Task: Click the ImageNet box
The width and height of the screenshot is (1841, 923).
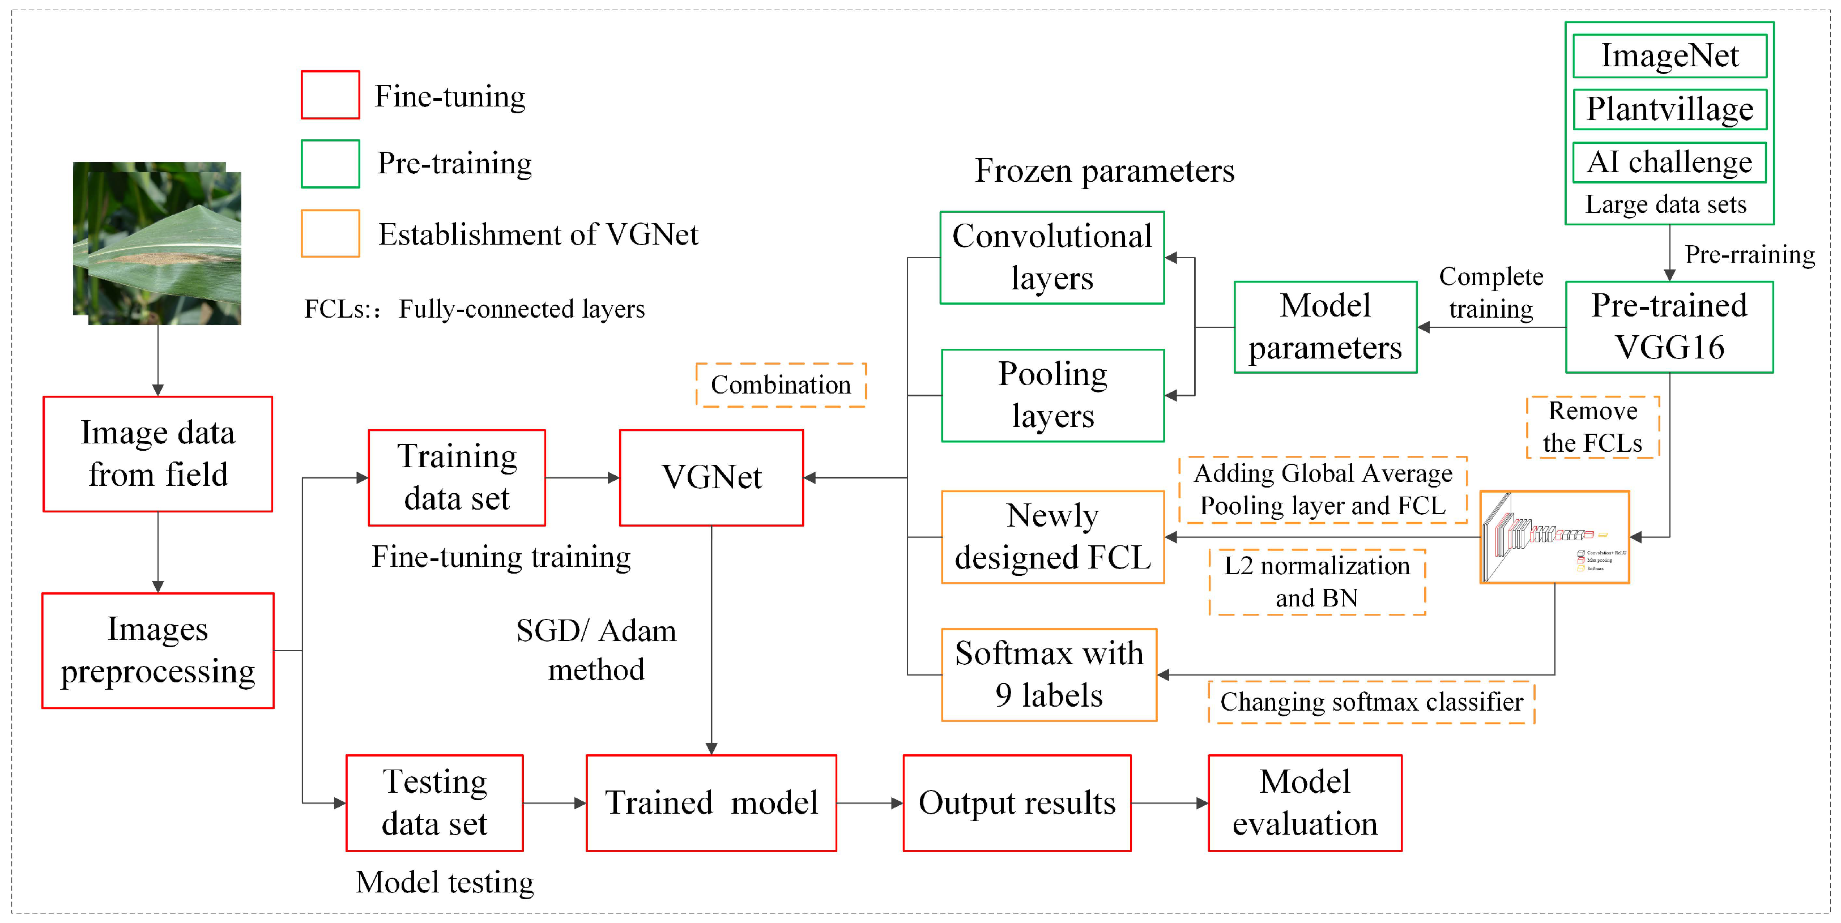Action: pos(1669,55)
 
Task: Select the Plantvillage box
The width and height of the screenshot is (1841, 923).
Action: pos(1669,109)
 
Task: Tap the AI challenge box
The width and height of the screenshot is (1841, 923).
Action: pos(1669,162)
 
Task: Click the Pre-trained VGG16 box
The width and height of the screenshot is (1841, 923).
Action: pos(1669,327)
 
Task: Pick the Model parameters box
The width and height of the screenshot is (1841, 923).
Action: pos(1324,327)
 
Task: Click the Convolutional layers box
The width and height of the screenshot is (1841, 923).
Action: pos(1051,257)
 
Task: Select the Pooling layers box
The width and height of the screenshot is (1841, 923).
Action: pos(1052,395)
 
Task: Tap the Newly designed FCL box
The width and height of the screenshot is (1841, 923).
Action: pos(1052,536)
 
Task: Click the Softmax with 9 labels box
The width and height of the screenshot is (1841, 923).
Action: pos(1049,674)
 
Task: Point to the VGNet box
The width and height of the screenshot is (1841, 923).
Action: pos(711,477)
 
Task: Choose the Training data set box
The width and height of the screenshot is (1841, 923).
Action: pos(457,477)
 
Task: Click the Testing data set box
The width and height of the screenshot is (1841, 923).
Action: pos(434,802)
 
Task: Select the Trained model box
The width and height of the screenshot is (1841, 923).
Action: pos(711,802)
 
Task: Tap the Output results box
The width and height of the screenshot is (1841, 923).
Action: pos(1016,802)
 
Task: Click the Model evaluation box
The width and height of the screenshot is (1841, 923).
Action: pos(1305,802)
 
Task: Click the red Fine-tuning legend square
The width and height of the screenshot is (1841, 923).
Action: pos(330,95)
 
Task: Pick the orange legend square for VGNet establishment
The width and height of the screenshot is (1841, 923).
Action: pos(330,233)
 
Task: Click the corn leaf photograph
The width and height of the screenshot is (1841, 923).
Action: pos(157,243)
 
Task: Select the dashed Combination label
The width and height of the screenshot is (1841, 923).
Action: pos(781,385)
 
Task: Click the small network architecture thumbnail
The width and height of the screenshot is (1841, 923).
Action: pos(1554,536)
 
